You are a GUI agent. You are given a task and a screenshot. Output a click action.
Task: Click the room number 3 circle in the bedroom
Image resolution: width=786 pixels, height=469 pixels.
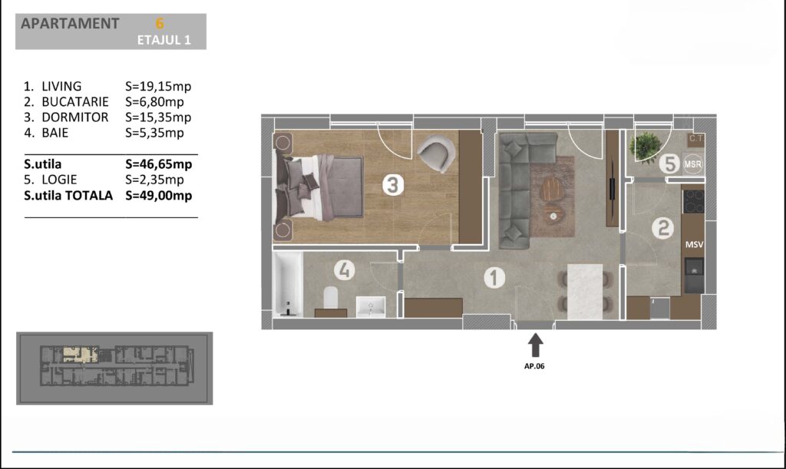click(x=393, y=185)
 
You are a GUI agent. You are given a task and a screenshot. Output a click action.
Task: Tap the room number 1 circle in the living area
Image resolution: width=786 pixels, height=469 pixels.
click(x=494, y=278)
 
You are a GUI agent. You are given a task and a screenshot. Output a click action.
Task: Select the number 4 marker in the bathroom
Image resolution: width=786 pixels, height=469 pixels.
click(x=345, y=270)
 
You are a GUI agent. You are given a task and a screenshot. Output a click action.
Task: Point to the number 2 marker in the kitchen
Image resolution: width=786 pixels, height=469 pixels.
click(x=662, y=228)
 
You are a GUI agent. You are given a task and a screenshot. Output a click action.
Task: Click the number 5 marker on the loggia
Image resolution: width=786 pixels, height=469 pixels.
click(x=669, y=163)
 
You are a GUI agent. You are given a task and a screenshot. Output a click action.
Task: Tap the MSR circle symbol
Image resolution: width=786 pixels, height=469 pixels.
click(x=693, y=163)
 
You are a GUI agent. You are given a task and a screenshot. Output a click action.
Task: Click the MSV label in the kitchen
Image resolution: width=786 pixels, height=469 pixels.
click(x=694, y=245)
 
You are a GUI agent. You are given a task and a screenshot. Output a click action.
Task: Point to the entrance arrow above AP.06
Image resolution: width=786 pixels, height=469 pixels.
click(x=535, y=345)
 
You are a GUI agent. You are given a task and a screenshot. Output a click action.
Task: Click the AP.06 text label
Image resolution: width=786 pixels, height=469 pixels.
click(x=534, y=366)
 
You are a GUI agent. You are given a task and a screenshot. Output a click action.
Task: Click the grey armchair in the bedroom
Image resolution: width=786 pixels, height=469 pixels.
click(x=436, y=153)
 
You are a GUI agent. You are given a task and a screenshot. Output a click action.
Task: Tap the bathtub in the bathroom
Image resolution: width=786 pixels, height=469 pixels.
click(x=288, y=283)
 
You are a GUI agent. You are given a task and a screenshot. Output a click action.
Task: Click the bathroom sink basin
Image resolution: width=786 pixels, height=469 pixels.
click(x=371, y=307)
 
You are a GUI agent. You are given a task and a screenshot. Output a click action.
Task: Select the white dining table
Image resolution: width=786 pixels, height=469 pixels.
click(x=585, y=291)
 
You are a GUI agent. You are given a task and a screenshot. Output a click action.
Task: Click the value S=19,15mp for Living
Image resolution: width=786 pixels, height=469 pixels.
click(x=158, y=86)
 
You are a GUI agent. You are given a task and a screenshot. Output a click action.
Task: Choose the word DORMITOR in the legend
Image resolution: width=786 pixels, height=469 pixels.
click(x=75, y=117)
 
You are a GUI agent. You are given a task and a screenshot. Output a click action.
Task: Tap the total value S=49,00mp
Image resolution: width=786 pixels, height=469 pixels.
click(x=159, y=196)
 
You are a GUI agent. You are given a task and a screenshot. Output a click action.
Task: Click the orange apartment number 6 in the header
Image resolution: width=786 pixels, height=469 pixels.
click(x=160, y=24)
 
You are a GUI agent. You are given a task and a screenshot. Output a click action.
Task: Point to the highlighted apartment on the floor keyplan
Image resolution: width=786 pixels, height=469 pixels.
click(x=80, y=354)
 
